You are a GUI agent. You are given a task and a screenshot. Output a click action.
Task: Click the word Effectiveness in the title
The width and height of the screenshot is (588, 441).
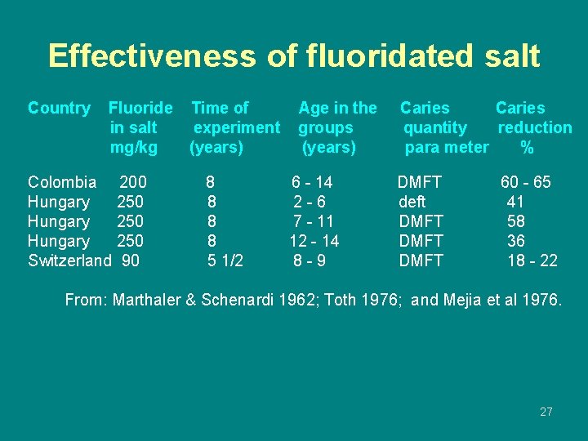[x=151, y=56]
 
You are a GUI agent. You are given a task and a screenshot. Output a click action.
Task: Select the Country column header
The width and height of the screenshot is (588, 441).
[x=59, y=108]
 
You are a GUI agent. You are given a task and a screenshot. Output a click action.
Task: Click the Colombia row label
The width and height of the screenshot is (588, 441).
[x=62, y=182]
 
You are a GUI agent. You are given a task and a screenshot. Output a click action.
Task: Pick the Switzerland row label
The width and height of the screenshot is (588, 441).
[x=69, y=261]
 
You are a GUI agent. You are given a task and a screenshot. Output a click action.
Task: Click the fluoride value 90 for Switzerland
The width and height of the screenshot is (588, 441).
[x=130, y=261]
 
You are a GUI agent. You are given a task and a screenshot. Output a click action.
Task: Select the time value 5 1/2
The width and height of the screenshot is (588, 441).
[x=225, y=261]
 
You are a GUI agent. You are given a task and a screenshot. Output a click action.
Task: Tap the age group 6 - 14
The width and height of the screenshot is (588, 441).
[x=312, y=182]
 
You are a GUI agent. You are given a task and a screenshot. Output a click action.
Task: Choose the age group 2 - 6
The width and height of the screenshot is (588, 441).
[x=310, y=202]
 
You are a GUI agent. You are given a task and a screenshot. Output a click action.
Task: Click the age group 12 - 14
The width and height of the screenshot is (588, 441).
[x=314, y=241]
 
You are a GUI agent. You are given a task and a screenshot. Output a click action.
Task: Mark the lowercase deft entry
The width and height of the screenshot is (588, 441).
[x=412, y=202]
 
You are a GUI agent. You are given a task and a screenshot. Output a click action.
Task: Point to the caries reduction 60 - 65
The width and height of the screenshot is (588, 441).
[x=525, y=182]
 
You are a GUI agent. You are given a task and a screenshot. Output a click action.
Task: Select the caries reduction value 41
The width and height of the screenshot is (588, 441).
[x=515, y=202]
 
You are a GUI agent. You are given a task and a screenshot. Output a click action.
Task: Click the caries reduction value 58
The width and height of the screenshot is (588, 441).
[x=515, y=221]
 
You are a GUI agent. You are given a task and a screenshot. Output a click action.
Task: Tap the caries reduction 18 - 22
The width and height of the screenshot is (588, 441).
[x=532, y=261]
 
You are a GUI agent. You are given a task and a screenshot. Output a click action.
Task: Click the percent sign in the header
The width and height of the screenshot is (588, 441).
[x=527, y=148]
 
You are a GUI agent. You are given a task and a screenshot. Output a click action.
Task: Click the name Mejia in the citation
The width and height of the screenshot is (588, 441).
[x=462, y=300]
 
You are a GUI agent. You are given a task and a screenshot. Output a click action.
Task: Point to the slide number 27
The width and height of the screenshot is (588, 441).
[x=546, y=412]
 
